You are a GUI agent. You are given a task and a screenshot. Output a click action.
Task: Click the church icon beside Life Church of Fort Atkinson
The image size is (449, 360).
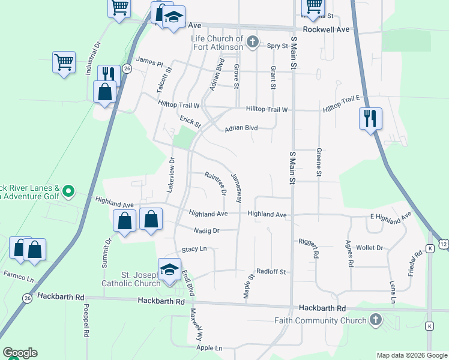(253, 42)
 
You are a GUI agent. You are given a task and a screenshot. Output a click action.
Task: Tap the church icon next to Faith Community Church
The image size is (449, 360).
(376, 319)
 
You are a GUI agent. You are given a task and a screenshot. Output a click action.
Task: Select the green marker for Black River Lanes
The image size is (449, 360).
(68, 192)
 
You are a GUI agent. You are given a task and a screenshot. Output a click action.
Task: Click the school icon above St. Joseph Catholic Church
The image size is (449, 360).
(169, 269)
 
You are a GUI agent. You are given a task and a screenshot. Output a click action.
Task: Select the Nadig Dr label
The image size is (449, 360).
(207, 230)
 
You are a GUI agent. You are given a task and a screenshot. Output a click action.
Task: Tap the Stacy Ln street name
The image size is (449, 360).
(194, 249)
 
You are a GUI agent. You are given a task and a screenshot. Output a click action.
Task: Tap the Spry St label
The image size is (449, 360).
(277, 45)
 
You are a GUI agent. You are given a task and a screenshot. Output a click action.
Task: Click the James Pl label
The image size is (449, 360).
(149, 61)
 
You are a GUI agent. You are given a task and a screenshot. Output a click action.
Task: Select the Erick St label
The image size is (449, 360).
(190, 122)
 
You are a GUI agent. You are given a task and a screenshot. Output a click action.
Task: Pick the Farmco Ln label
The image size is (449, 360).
(18, 277)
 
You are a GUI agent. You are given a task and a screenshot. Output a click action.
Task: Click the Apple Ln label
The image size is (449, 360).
(209, 348)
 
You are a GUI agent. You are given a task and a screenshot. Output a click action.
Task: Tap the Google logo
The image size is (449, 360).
(20, 353)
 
